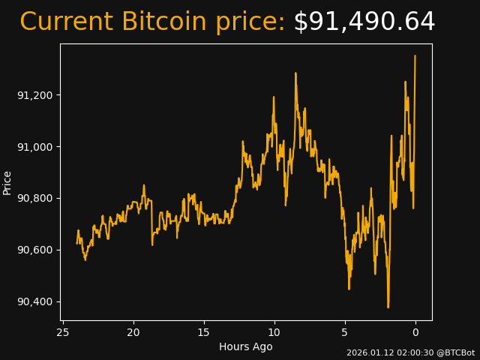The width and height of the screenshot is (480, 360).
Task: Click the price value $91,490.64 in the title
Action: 364,22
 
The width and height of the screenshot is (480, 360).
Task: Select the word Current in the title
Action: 67,22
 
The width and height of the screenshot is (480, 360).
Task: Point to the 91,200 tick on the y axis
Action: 35,95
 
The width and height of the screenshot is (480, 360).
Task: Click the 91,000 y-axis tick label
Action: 35,147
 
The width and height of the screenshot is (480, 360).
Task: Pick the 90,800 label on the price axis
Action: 35,199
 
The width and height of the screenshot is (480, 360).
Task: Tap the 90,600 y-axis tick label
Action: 35,250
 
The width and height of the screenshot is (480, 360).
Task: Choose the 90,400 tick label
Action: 35,301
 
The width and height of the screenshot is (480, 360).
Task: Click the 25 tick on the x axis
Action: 63,332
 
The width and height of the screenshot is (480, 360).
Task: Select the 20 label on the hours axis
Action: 133,332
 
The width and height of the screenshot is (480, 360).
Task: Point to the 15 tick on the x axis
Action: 204,332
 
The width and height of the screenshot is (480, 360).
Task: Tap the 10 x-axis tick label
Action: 274,332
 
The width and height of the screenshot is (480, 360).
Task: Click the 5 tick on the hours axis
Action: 345,332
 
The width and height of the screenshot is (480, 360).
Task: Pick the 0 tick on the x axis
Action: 415,332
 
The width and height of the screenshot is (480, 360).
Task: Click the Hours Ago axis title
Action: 246,346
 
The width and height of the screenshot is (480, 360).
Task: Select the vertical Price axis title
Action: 8,182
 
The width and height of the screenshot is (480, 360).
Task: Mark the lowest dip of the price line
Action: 388,307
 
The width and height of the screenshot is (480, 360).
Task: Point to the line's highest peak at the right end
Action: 415,55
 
